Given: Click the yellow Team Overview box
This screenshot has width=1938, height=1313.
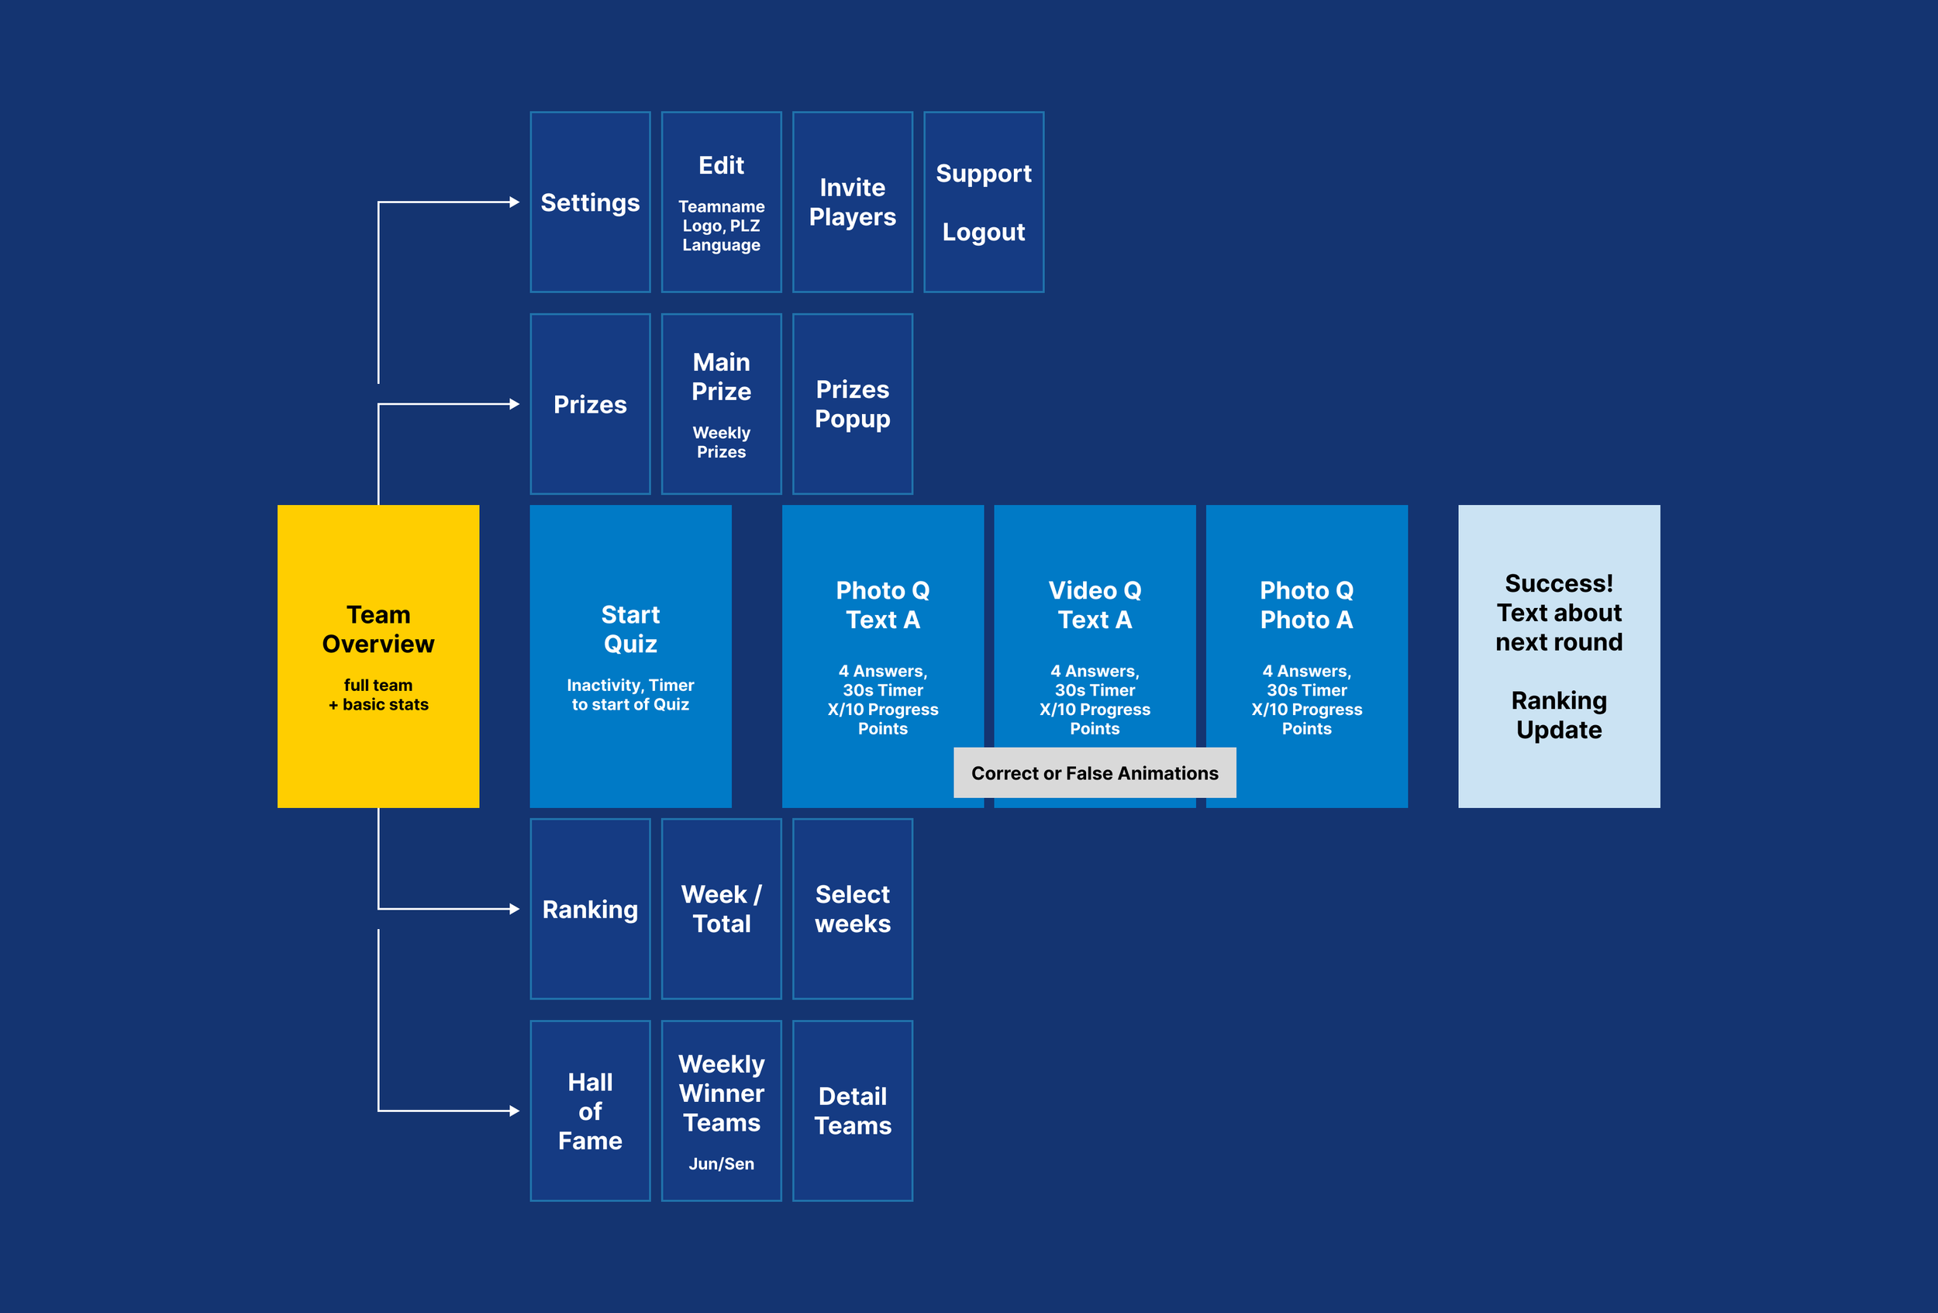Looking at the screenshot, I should click(x=378, y=655).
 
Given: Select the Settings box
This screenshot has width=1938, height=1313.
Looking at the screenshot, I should click(x=590, y=202).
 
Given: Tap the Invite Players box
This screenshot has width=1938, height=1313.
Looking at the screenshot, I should click(x=852, y=202).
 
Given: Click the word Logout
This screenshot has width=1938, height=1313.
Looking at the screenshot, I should click(x=983, y=232).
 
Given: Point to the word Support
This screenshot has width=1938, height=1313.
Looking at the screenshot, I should click(x=983, y=174).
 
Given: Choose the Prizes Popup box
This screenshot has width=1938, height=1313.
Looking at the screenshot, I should click(x=852, y=404).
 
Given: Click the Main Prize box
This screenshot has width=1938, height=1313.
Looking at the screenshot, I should click(x=722, y=404).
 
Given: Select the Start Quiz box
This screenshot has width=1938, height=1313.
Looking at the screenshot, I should click(x=630, y=655).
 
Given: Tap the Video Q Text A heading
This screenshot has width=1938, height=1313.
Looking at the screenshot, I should click(x=1094, y=605).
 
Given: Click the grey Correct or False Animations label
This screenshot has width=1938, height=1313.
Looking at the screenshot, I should click(x=1094, y=772).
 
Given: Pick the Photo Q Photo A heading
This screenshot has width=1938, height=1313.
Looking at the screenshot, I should click(x=1306, y=605).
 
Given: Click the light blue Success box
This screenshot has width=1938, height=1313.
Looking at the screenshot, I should click(x=1559, y=655).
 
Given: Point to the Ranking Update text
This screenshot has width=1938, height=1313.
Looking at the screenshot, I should click(x=1559, y=715).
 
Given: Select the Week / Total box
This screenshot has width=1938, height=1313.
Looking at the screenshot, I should click(x=722, y=908).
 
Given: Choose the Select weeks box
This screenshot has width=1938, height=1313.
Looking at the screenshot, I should click(x=852, y=908).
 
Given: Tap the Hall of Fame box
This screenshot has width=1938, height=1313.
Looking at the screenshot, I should click(x=590, y=1111).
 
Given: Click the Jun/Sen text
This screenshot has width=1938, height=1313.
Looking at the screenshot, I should click(x=722, y=1163).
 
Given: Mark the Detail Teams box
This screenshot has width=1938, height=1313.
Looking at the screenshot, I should click(x=852, y=1111).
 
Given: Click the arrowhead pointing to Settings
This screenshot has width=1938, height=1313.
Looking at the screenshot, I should click(x=515, y=202).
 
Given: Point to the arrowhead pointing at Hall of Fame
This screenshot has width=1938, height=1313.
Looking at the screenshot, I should click(x=515, y=1111).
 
